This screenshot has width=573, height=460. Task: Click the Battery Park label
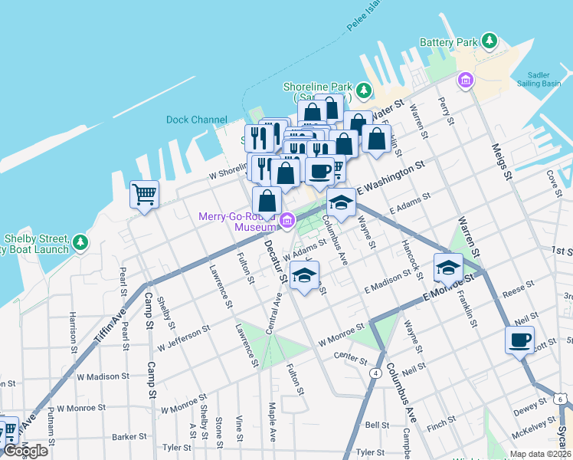pyautogui.click(x=448, y=42)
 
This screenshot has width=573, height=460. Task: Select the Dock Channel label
pyautogui.click(x=197, y=120)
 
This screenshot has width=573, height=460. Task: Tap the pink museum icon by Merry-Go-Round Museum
pyautogui.click(x=287, y=222)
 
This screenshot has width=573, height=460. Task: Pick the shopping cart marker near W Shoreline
pyautogui.click(x=144, y=194)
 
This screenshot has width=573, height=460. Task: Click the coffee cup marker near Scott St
pyautogui.click(x=519, y=339)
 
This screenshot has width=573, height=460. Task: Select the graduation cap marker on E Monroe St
pyautogui.click(x=448, y=267)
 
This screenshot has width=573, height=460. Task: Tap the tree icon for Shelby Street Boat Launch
pyautogui.click(x=80, y=243)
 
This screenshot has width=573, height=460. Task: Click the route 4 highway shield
pyautogui.click(x=375, y=373)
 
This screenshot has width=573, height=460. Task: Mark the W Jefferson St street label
pyautogui.click(x=186, y=333)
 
